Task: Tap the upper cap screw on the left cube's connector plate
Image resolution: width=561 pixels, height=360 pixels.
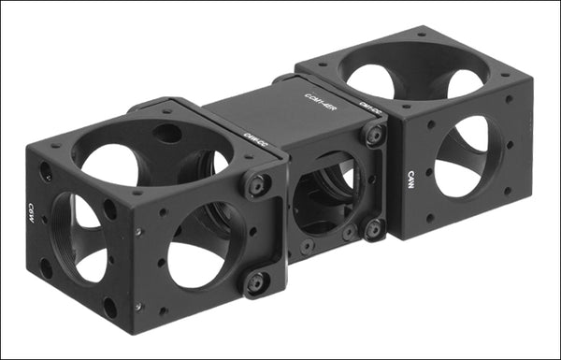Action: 259,185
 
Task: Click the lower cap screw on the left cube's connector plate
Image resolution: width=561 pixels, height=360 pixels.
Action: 254,283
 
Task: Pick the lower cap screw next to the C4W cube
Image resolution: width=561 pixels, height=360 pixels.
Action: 373,227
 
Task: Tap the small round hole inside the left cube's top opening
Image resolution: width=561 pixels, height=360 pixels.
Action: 168,134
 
